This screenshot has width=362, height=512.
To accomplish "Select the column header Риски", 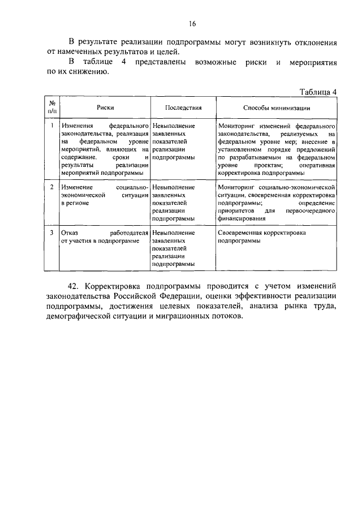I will [105, 107].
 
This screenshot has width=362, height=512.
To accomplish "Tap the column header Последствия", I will [183, 107].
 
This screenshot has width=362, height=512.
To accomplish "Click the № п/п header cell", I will [51, 107].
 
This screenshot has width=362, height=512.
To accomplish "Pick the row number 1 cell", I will [51, 126].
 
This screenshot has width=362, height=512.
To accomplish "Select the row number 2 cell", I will [51, 186].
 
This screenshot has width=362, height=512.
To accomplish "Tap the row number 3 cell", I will [51, 233].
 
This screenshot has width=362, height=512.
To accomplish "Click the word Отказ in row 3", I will [70, 233].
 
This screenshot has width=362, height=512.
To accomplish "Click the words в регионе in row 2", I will [75, 202].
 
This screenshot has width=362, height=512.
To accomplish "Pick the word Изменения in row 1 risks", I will [77, 126].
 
